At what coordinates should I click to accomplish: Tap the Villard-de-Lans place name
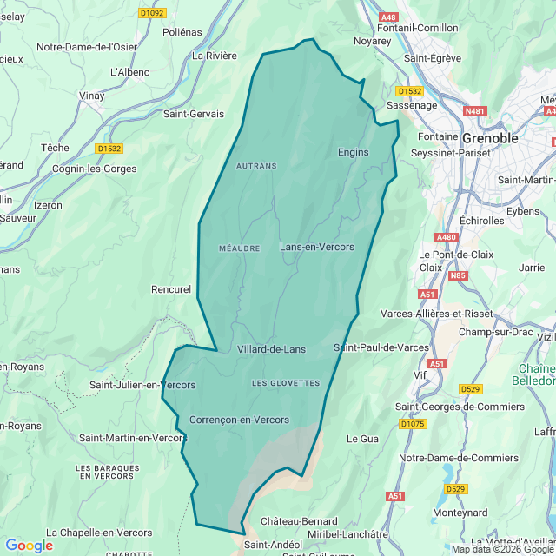(x=271, y=349)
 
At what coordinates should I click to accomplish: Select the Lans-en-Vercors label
(x=316, y=247)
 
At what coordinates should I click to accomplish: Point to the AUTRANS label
(x=256, y=165)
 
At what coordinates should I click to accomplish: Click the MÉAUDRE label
(x=240, y=248)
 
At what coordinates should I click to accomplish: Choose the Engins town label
(x=353, y=152)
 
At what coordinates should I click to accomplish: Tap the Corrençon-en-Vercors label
(x=239, y=420)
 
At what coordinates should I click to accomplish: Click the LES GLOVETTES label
(x=286, y=383)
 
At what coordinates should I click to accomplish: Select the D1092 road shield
(x=152, y=13)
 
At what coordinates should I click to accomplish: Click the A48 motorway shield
(x=388, y=16)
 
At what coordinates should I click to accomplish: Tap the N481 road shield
(x=475, y=111)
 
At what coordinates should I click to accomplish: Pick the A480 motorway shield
(x=447, y=237)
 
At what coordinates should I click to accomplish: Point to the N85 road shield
(x=458, y=276)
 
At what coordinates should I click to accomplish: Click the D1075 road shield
(x=414, y=424)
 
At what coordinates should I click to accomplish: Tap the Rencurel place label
(x=170, y=289)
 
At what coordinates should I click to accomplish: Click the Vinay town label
(x=91, y=96)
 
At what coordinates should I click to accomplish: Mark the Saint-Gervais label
(x=194, y=114)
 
